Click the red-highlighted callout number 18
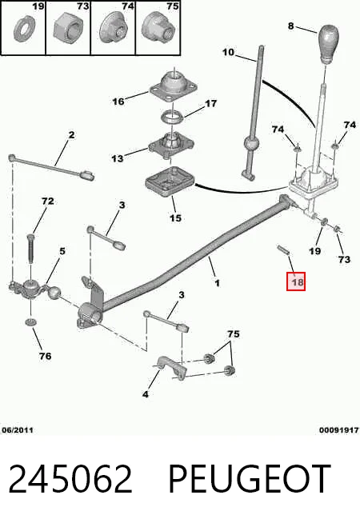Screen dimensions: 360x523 coord(297,282)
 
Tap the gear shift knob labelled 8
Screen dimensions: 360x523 coord(328,43)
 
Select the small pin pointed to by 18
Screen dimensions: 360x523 coord(282,250)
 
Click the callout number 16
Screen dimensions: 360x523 coord(118,101)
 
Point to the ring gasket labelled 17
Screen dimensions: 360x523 coord(172,117)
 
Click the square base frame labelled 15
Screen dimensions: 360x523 coord(170,182)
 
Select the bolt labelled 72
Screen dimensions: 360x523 coord(30,250)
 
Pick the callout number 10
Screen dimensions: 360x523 coord(228,52)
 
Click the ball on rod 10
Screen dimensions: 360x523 coord(251,144)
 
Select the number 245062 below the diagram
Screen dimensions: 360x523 coord(70,478)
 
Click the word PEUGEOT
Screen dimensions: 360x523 coord(250,478)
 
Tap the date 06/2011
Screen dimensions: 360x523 coord(18,430)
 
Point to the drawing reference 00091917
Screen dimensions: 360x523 coord(338,430)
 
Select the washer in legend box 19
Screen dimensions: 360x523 coord(24,30)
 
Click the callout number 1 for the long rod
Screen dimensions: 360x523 coord(218,283)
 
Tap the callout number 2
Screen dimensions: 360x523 coord(71,135)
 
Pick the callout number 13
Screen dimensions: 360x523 coord(117,158)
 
